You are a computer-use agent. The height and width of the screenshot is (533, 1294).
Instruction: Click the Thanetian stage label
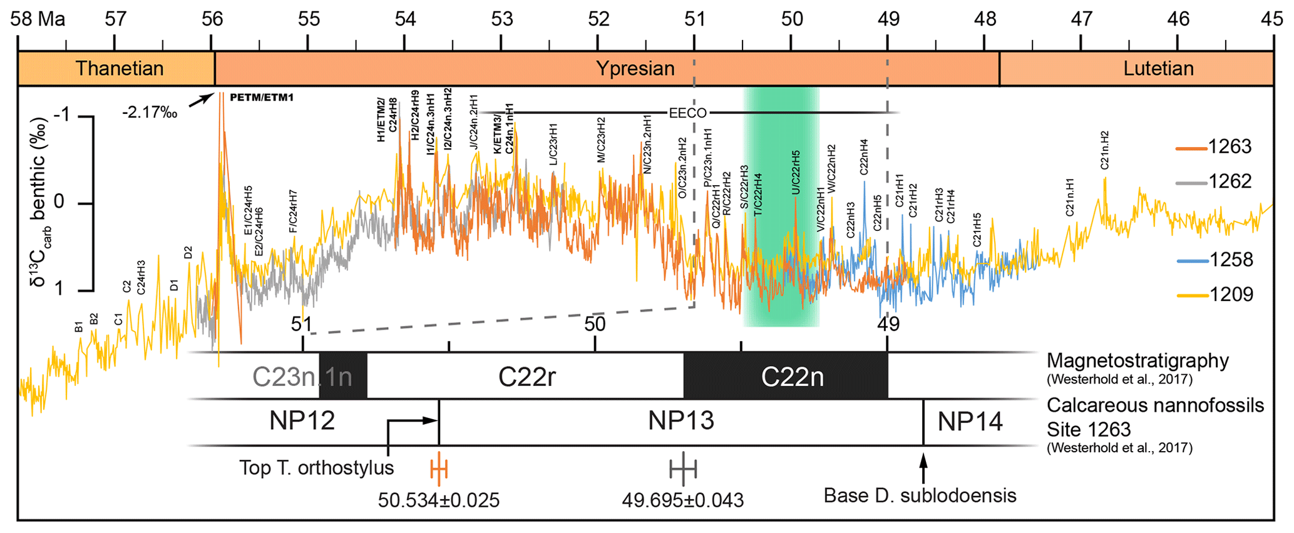(x=119, y=68)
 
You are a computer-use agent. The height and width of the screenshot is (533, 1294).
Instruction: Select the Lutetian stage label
(x=1158, y=68)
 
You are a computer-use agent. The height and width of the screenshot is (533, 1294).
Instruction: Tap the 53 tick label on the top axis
(x=502, y=19)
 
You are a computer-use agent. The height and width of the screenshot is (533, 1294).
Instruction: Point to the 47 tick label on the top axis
(x=1081, y=19)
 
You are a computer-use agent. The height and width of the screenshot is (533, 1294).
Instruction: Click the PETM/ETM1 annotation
(x=262, y=98)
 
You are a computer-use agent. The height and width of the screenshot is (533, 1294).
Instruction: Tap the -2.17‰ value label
(x=150, y=113)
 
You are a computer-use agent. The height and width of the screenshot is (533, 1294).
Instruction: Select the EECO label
(x=688, y=113)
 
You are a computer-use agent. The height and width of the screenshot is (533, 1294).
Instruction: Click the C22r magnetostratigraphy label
(x=526, y=377)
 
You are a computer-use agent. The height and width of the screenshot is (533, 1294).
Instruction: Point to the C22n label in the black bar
(x=792, y=377)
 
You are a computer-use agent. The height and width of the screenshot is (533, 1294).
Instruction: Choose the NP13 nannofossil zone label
(x=680, y=421)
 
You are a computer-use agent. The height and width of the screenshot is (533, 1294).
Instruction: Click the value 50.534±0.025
(x=439, y=500)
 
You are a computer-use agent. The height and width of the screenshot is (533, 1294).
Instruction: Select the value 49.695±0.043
(x=682, y=500)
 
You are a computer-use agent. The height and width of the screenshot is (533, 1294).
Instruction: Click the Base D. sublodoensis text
(x=920, y=495)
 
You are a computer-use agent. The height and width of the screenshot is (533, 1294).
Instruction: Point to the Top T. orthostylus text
(x=316, y=468)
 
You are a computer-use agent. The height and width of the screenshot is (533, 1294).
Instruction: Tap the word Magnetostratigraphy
(x=1137, y=361)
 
